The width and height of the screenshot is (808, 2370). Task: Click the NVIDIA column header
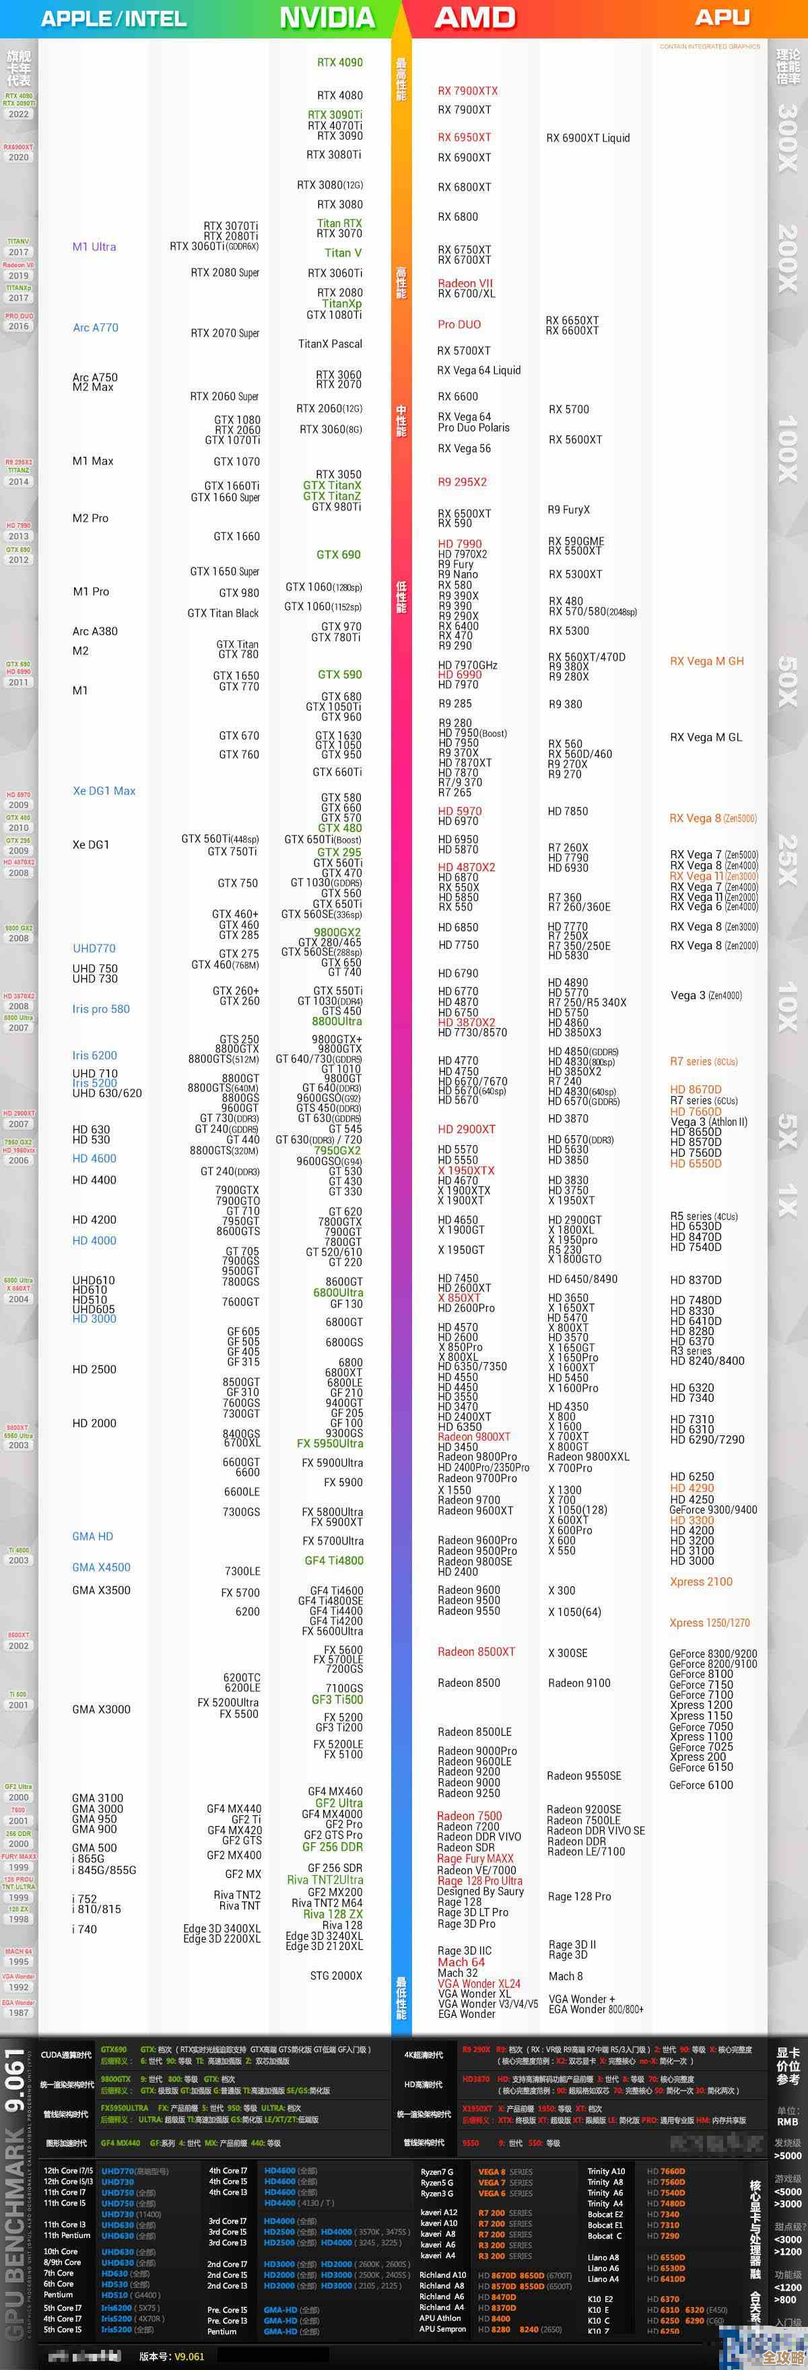coord(327,18)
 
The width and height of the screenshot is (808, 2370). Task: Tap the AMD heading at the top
coord(475,18)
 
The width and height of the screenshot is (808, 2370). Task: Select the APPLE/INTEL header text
coord(113,18)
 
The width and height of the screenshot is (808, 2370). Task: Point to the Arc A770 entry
coord(96,327)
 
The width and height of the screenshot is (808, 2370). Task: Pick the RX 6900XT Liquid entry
coord(588,138)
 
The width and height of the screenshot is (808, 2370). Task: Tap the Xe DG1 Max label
coord(104,790)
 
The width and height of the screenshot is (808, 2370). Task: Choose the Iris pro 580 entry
coord(101,1009)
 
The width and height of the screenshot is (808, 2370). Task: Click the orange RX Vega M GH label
coord(707,661)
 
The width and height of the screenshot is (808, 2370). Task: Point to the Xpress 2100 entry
coord(701,1582)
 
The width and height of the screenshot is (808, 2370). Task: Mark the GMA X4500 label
coord(101,1567)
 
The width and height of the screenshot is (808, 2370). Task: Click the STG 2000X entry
coord(336,1975)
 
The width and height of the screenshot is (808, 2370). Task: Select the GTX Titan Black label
coord(223,613)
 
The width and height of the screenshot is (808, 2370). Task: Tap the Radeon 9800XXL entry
coord(588,1456)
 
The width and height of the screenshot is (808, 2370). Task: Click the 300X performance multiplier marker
coord(788,138)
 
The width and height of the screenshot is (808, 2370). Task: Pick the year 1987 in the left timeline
coord(18,2012)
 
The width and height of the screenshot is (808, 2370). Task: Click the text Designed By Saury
coord(480,1891)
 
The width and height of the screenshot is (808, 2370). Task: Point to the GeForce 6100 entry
coord(700,1785)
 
